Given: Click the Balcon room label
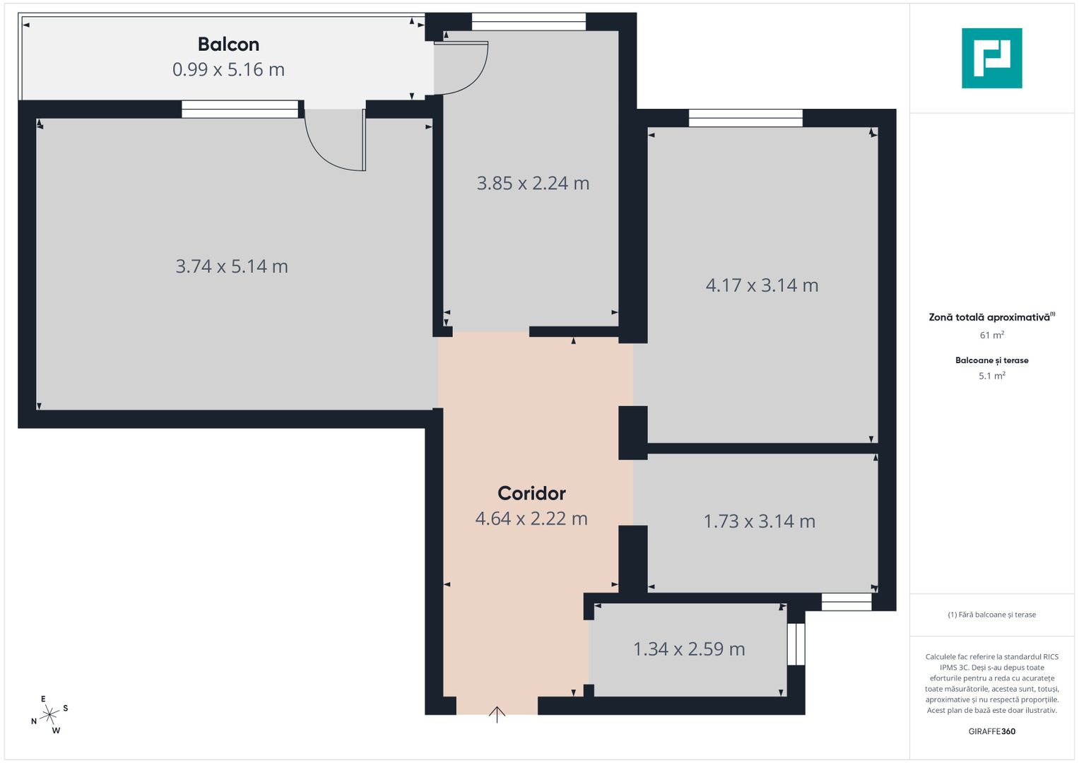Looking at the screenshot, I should (x=228, y=45).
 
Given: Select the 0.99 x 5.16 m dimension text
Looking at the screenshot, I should (x=228, y=69).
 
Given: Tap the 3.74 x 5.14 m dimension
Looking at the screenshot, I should (x=232, y=266).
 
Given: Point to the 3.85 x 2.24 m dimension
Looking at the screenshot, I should (x=533, y=183).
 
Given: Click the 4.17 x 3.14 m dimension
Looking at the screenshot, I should (x=762, y=285).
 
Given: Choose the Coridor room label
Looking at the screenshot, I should (x=531, y=493).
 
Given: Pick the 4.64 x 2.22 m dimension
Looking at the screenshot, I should (x=531, y=519).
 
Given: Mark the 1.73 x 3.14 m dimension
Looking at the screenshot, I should (x=760, y=521).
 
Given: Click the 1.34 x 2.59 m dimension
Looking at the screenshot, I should (x=689, y=649).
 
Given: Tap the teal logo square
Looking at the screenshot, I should (x=991, y=58).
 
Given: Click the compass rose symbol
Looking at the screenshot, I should (x=49, y=715).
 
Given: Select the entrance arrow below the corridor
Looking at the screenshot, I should (x=497, y=714).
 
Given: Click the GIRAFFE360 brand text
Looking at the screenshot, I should (x=991, y=731).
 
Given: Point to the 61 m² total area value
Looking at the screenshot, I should (x=991, y=336).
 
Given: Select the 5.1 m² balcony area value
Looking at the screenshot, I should (x=991, y=376).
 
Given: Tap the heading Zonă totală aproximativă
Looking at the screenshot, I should (x=989, y=317).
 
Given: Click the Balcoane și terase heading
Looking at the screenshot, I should (x=991, y=360).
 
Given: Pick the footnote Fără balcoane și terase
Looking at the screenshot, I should (x=991, y=615).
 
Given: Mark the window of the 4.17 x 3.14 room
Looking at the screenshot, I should (x=745, y=118).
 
